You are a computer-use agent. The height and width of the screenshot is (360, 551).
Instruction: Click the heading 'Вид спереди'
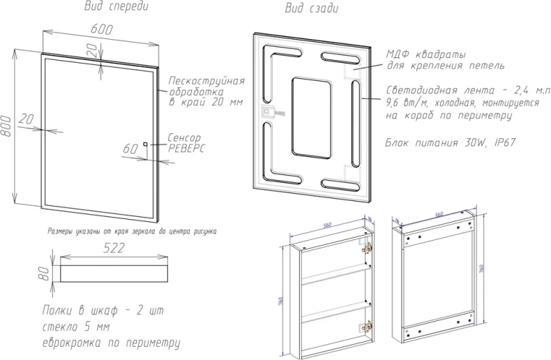(x=116, y=8)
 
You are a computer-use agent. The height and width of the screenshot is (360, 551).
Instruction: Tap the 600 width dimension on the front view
(x=101, y=30)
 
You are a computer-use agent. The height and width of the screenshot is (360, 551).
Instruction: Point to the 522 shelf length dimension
(x=113, y=248)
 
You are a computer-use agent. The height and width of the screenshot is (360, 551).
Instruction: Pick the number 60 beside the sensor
(x=130, y=149)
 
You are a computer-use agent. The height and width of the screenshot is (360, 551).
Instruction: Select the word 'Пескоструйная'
(x=206, y=81)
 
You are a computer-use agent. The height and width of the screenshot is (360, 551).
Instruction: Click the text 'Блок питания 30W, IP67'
(x=450, y=142)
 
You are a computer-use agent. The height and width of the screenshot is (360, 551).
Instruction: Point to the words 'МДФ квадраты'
(x=426, y=54)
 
